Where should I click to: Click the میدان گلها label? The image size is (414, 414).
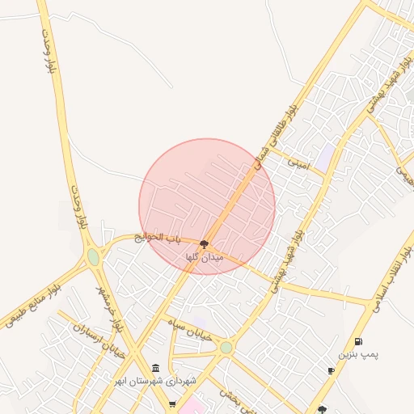point(204,256)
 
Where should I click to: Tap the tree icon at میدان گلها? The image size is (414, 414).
point(204,243)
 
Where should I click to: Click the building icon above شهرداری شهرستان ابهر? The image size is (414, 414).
point(155,368)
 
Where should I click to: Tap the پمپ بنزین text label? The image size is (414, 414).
point(358,354)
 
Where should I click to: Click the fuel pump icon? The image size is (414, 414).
point(358,342)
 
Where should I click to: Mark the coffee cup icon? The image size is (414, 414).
point(331,370)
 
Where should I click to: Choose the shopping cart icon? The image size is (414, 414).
point(171,403)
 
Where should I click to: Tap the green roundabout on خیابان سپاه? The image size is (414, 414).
point(226,348)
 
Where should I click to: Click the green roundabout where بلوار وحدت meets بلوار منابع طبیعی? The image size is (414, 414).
point(94,257)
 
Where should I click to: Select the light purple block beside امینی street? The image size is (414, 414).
point(323,157)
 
